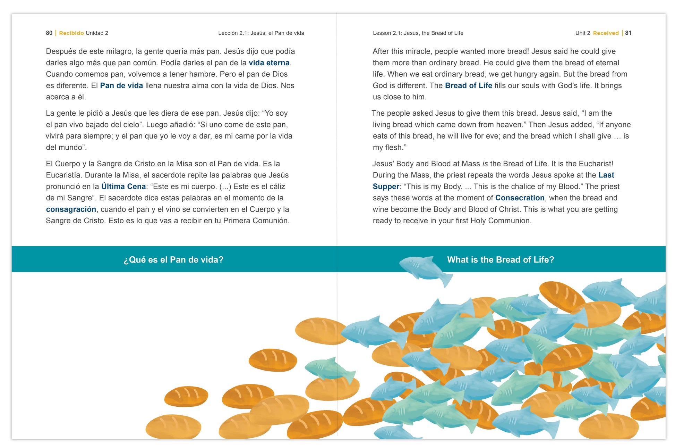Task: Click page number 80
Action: [49, 33]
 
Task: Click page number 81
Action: [628, 33]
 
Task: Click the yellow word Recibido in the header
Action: [71, 33]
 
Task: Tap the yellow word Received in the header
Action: [606, 33]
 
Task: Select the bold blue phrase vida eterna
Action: [269, 63]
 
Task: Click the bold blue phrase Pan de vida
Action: [121, 86]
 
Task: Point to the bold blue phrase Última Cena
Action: [123, 186]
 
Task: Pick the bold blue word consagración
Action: [71, 209]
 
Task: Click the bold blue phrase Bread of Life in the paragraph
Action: [468, 86]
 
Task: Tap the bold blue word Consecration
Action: [520, 198]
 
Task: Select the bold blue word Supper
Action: [386, 186]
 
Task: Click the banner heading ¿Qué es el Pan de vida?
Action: [173, 260]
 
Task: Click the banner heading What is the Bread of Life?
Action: [500, 260]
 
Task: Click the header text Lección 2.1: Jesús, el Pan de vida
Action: [261, 33]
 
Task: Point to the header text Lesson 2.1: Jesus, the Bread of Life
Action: [418, 33]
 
